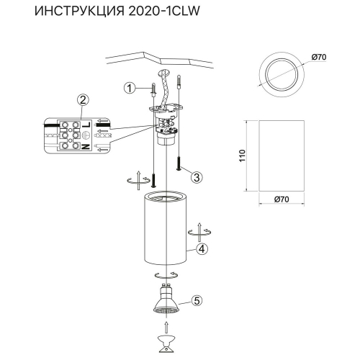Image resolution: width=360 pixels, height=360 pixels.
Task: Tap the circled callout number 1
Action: tap(128, 89)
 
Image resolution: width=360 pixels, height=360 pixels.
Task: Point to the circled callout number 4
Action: tap(202, 249)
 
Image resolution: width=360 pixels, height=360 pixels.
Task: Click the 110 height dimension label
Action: tap(242, 156)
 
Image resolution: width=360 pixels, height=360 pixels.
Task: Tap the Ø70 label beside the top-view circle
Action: tap(320, 57)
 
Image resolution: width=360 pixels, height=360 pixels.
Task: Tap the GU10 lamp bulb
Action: tap(165, 302)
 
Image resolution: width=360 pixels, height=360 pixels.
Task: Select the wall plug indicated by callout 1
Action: tap(153, 93)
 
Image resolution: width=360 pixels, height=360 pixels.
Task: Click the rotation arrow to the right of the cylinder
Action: tap(198, 233)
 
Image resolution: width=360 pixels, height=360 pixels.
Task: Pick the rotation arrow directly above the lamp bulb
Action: tap(165, 276)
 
